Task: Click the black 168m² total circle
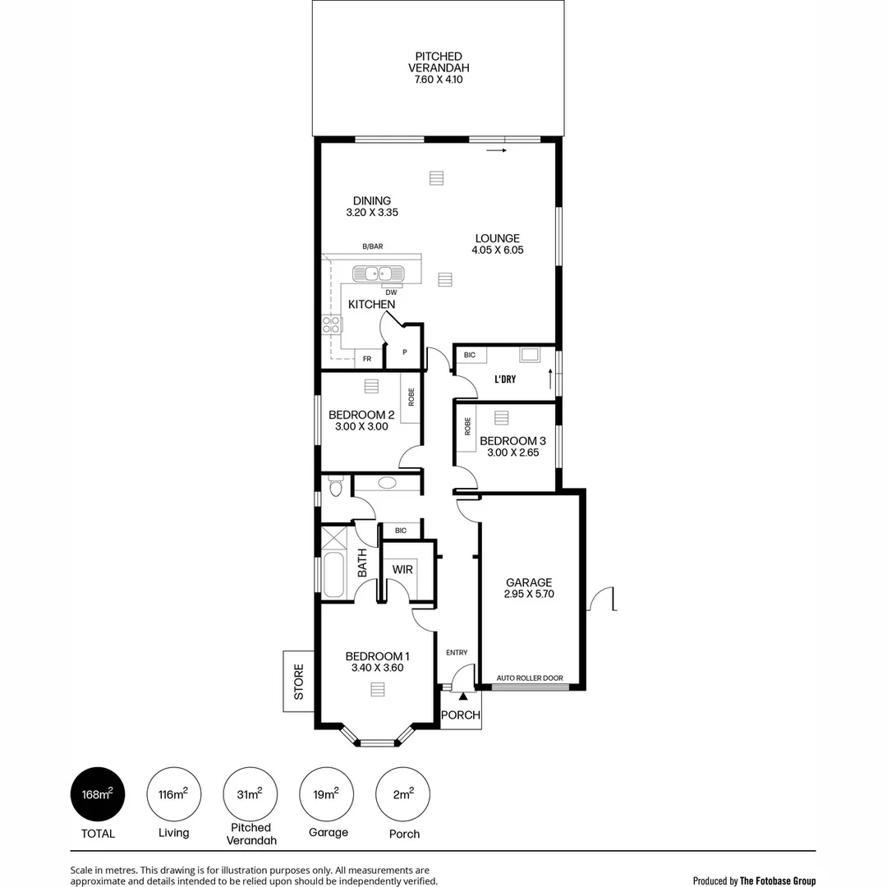pos(97,794)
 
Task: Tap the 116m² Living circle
pos(173,794)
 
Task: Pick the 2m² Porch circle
pos(403,794)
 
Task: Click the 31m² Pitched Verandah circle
pos(250,794)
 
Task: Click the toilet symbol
pos(334,489)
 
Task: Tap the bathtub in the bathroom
pos(334,576)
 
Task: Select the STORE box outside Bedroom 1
pos(298,681)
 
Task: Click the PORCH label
pos(460,715)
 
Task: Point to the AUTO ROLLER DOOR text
pos(530,678)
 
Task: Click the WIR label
pos(402,569)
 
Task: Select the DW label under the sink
pos(391,292)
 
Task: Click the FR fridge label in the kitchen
pos(366,359)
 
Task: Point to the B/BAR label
pos(373,246)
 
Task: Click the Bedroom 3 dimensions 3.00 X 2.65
pos(512,453)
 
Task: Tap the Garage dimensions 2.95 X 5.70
pos(529,595)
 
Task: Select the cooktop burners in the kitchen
pos(332,323)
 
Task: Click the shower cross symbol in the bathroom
pos(334,538)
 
